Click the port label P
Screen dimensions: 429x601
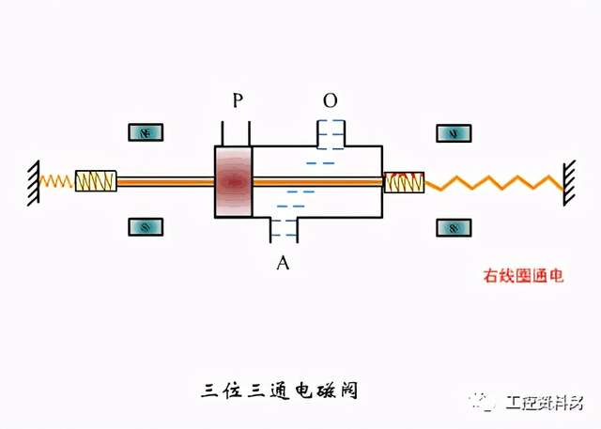coord(238,100)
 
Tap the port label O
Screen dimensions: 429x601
coord(330,100)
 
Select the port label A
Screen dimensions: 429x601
coord(282,263)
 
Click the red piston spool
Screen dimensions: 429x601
coord(234,181)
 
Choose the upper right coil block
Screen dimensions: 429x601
coord(454,133)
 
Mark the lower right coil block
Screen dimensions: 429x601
coord(454,227)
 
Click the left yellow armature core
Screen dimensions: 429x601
coord(96,180)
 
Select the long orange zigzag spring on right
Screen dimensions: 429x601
coord(493,181)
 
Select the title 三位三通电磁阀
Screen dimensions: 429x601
coord(281,389)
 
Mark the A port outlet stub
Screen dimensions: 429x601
coord(284,229)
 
